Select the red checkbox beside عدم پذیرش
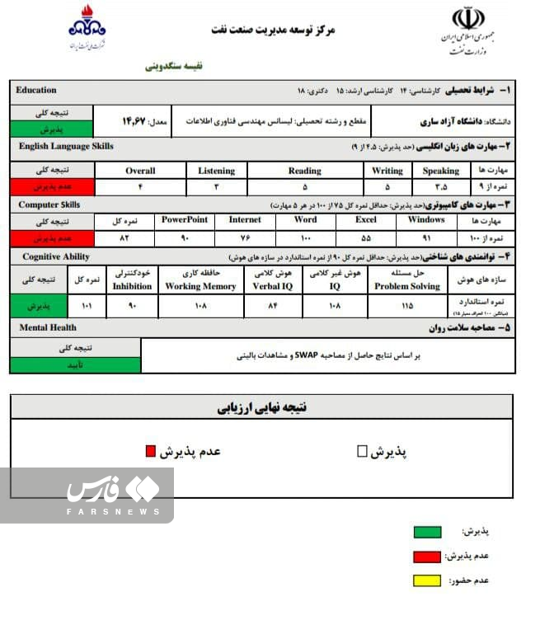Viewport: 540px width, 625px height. coord(150,451)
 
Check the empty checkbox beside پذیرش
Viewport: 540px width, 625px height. coord(361,451)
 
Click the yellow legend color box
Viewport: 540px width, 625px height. coord(426,580)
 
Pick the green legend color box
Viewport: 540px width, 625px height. coord(426,532)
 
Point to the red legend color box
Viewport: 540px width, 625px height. coord(426,557)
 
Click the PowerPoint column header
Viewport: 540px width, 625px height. coord(185,220)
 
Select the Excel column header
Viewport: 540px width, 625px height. coord(366,220)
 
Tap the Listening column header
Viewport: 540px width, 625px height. coord(217,171)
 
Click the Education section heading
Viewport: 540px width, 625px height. coord(36,90)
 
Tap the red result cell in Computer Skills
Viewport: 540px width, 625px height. coord(52,237)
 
